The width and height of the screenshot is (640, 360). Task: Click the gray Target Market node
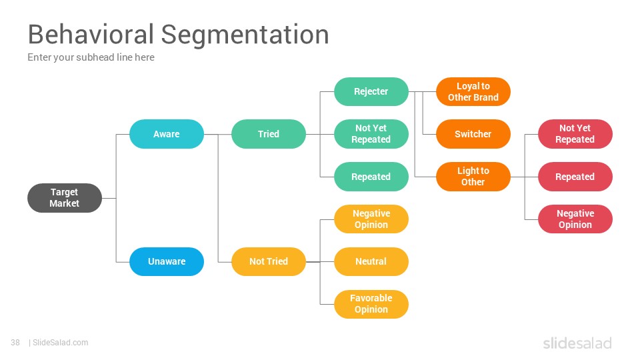click(65, 198)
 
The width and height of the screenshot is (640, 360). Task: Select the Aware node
click(167, 134)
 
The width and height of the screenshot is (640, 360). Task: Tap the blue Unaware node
click(167, 261)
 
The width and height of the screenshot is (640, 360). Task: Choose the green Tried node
click(269, 134)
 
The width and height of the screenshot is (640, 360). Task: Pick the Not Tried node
click(269, 261)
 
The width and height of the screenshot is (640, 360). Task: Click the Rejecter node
click(371, 91)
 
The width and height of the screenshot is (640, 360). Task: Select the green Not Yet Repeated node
click(371, 134)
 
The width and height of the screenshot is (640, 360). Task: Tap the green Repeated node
click(371, 177)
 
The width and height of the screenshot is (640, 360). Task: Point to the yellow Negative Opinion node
click(371, 219)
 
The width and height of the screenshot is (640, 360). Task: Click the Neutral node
click(371, 261)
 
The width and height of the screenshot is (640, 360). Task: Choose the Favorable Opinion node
click(371, 304)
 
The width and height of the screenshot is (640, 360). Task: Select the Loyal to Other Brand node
click(473, 91)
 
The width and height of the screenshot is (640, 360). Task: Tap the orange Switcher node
click(473, 134)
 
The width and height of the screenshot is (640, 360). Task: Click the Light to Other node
click(473, 177)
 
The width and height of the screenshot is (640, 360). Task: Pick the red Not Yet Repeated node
click(575, 134)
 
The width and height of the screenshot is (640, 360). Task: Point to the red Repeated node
click(575, 177)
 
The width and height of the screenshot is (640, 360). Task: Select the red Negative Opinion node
click(575, 219)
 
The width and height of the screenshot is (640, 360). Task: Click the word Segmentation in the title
click(245, 35)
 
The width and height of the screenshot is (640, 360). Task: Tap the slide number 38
click(15, 343)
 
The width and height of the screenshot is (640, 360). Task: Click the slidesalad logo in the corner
click(577, 343)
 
